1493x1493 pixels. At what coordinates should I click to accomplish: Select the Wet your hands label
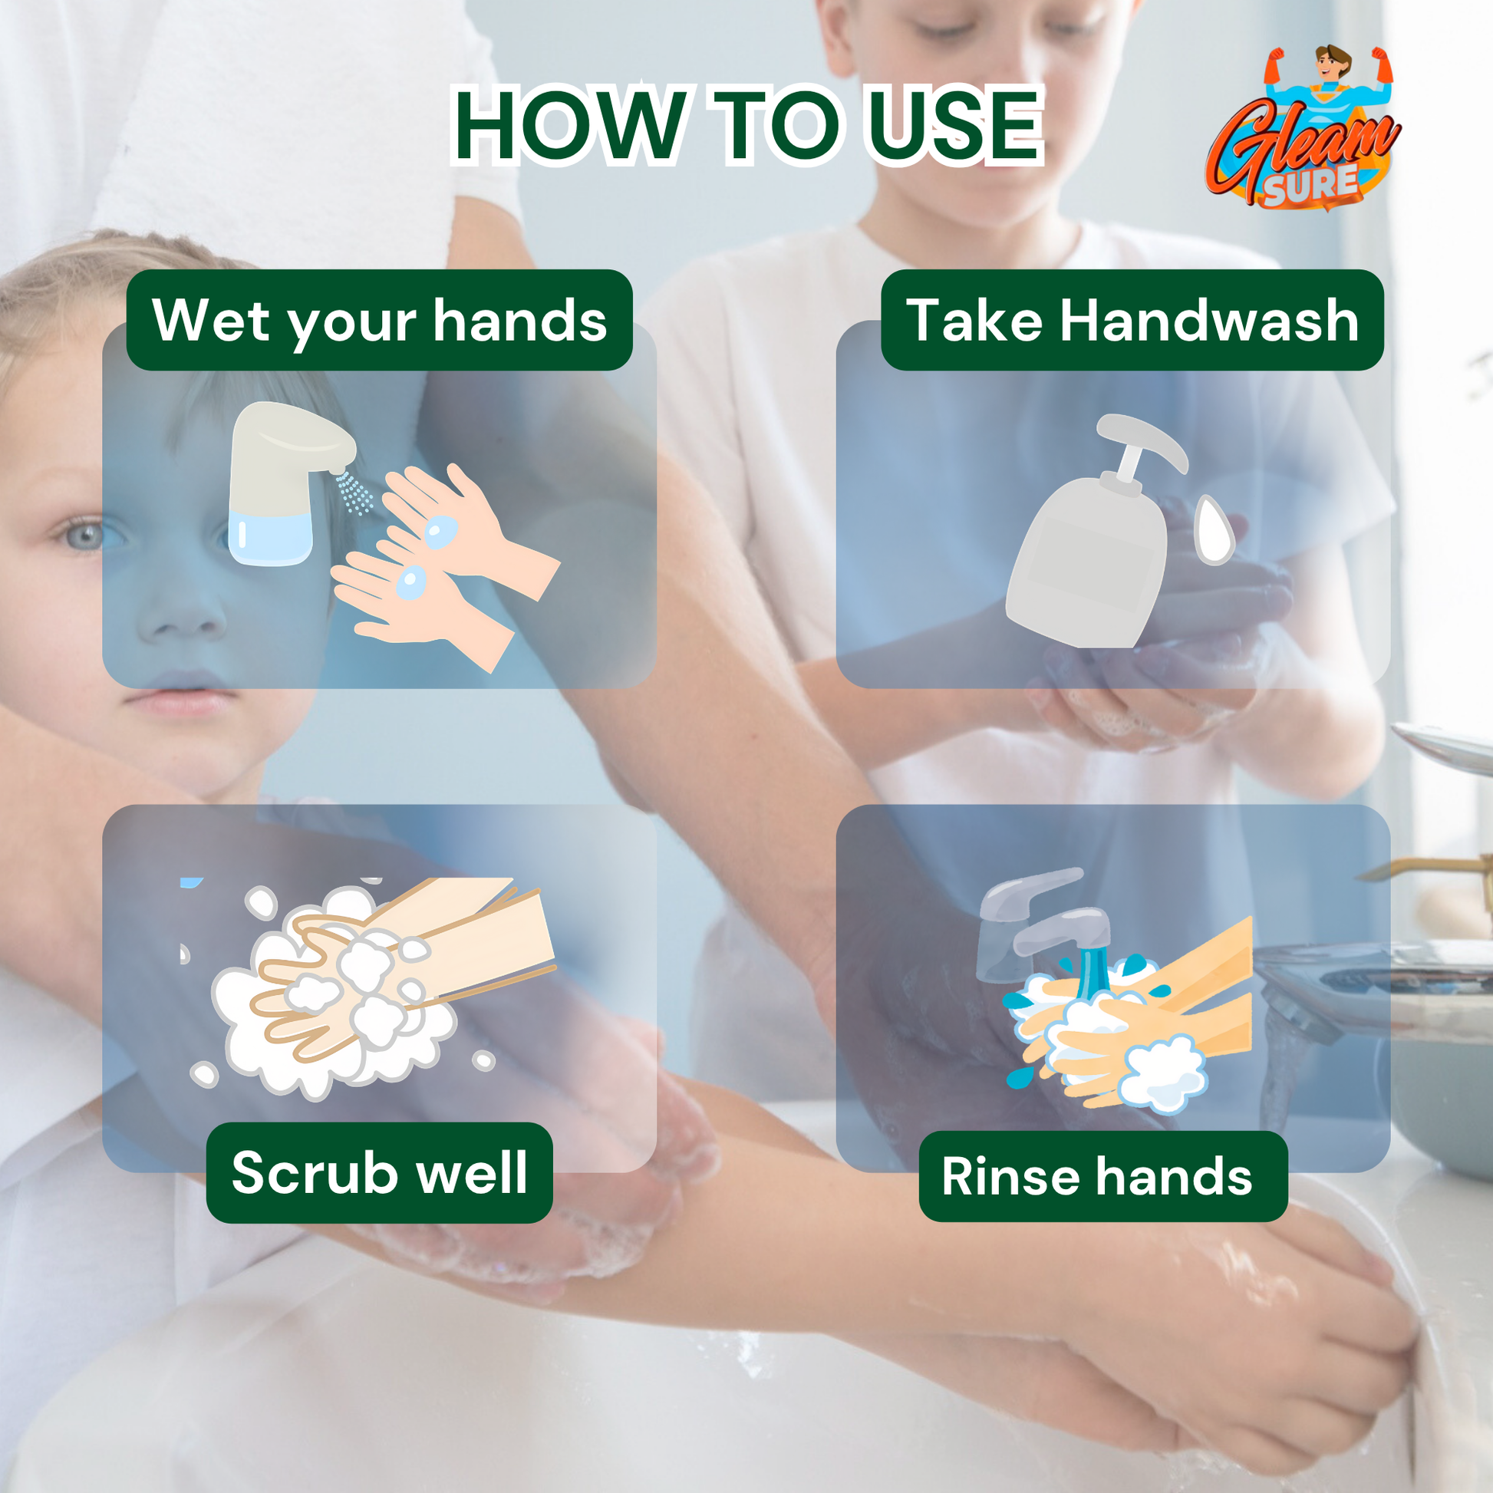(379, 320)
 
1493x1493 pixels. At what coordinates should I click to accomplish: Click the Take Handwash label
(1132, 320)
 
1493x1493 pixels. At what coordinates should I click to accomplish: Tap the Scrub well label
(379, 1172)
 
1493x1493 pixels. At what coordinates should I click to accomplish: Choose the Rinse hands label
(1102, 1176)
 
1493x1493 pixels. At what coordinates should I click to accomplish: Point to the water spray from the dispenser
(354, 493)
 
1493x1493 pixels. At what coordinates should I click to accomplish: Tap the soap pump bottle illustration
(1089, 556)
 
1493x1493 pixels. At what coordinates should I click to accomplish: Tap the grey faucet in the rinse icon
(1036, 920)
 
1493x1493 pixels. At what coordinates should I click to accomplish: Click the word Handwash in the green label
(1208, 320)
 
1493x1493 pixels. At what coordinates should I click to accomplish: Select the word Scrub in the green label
(313, 1172)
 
